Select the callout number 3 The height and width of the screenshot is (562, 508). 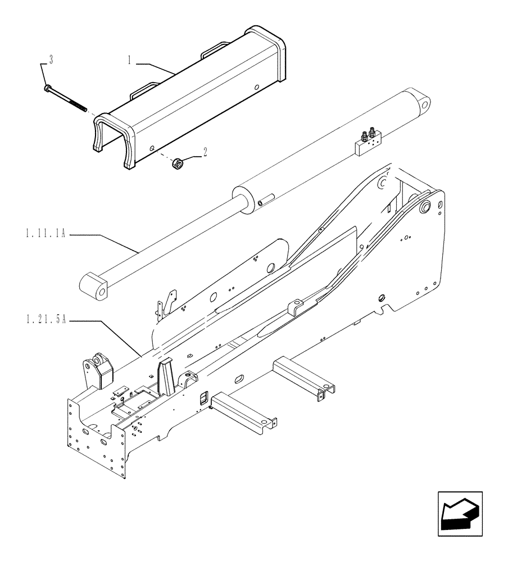[x=51, y=60]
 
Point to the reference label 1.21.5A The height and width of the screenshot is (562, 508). [x=46, y=320]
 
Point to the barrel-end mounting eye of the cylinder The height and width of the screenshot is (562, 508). [x=419, y=103]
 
